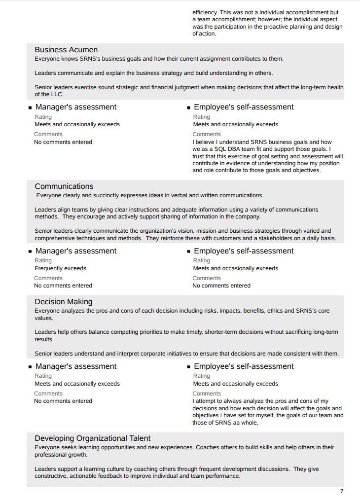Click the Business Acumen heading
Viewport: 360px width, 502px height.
(x=66, y=50)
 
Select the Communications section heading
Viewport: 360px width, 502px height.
(x=64, y=186)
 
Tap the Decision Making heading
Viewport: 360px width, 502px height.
(x=63, y=302)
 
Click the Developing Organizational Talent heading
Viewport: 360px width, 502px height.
(x=92, y=438)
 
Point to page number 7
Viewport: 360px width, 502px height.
(x=342, y=491)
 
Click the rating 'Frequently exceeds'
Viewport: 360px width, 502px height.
(x=60, y=268)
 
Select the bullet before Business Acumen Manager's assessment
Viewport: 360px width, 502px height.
(x=30, y=108)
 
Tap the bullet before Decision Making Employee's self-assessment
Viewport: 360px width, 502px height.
(x=188, y=367)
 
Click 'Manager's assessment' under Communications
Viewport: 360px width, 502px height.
(x=76, y=251)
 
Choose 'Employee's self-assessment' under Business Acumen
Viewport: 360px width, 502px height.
(x=244, y=107)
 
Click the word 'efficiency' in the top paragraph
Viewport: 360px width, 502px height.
(x=204, y=12)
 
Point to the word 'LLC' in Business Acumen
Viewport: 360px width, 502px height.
(x=57, y=94)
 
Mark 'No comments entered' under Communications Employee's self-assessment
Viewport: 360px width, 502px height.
(x=221, y=286)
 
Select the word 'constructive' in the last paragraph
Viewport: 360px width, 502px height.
(x=50, y=476)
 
